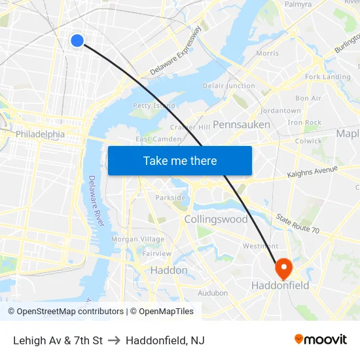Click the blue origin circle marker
click(x=77, y=41)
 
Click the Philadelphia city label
click(x=41, y=134)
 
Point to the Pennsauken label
click(x=242, y=124)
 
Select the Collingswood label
click(x=216, y=219)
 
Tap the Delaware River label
click(x=96, y=201)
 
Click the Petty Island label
click(x=154, y=105)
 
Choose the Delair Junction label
click(x=229, y=86)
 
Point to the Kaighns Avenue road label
click(x=312, y=172)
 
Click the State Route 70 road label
click(x=297, y=225)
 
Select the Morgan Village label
click(x=138, y=240)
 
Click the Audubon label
click(x=213, y=293)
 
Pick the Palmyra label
click(x=298, y=4)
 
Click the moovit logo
click(x=321, y=339)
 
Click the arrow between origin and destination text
click(x=114, y=340)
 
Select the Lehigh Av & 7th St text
click(x=58, y=340)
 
